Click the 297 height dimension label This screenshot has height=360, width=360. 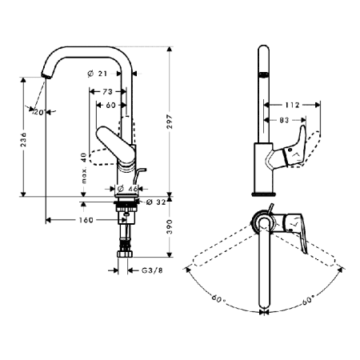pyautogui.click(x=170, y=122)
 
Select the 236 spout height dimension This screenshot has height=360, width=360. pyautogui.click(x=23, y=138)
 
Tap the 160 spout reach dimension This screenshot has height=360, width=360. pyautogui.click(x=86, y=220)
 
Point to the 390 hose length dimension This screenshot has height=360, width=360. pyautogui.click(x=170, y=226)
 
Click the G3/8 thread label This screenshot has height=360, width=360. pyautogui.click(x=152, y=270)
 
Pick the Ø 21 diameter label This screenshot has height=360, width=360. pyautogui.click(x=98, y=74)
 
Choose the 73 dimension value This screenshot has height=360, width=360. pyautogui.click(x=107, y=92)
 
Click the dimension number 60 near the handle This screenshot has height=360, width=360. pyautogui.click(x=110, y=105)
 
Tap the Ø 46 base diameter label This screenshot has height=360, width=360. pyautogui.click(x=127, y=189)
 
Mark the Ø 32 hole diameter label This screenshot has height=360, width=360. pyautogui.click(x=156, y=202)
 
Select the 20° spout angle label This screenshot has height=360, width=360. pyautogui.click(x=39, y=113)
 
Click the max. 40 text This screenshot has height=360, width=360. pyautogui.click(x=84, y=168)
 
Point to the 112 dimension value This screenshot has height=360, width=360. pyautogui.click(x=293, y=105)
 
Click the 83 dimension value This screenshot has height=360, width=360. pyautogui.click(x=284, y=120)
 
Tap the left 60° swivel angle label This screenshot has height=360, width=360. pyautogui.click(x=218, y=298)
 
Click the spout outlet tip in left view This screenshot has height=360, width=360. pyautogui.click(x=46, y=75)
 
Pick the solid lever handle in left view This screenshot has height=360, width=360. pyautogui.click(x=116, y=146)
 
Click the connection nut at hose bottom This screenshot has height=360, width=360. pyautogui.click(x=125, y=254)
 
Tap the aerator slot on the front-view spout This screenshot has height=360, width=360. pyautogui.click(x=263, y=74)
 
